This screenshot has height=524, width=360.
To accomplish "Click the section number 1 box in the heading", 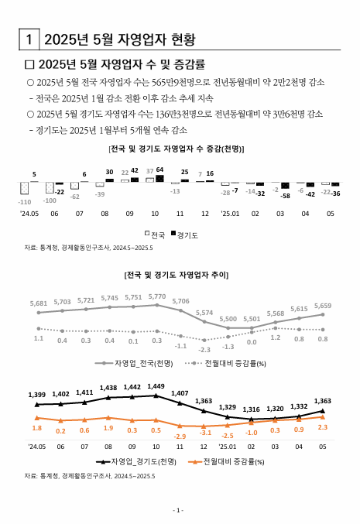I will pyautogui.click(x=29, y=39).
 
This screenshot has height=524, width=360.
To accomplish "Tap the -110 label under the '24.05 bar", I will pyautogui.click(x=24, y=201).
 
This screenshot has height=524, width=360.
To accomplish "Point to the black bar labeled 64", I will pyautogui.click(x=159, y=178).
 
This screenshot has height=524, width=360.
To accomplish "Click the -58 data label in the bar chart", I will pyautogui.click(x=285, y=196).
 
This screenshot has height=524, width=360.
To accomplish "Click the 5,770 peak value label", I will pyautogui.click(x=157, y=296).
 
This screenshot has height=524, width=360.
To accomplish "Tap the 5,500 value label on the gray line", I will pyautogui.click(x=228, y=319).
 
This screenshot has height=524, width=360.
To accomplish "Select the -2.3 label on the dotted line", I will pyautogui.click(x=204, y=350).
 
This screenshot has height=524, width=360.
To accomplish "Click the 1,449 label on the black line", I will pyautogui.click(x=156, y=386).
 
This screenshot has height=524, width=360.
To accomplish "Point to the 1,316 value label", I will pyautogui.click(x=252, y=409).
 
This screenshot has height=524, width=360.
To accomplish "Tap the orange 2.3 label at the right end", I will pyautogui.click(x=323, y=427).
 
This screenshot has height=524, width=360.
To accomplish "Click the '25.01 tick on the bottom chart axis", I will pyautogui.click(x=228, y=447).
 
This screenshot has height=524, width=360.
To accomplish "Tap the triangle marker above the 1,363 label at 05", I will pyautogui.click(x=323, y=410).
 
